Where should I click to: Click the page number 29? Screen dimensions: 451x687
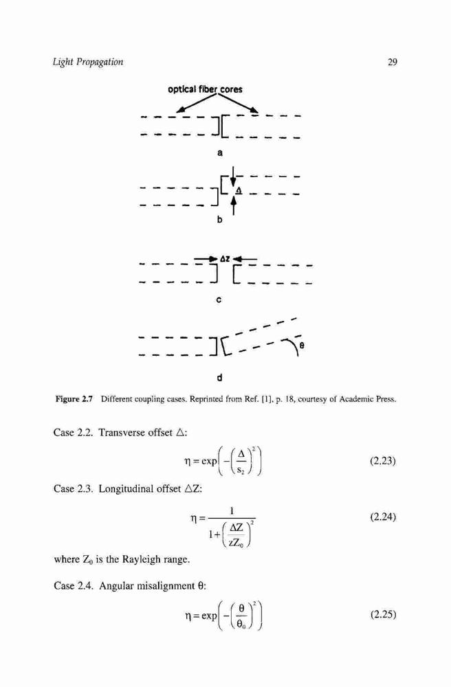[x=393, y=62]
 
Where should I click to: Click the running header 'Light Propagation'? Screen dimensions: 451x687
[x=88, y=62]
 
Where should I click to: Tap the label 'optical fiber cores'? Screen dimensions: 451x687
[x=205, y=89]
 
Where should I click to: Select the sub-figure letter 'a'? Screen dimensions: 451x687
[x=220, y=153]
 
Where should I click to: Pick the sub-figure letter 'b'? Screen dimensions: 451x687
[x=220, y=220]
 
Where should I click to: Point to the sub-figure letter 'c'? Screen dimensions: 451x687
[x=219, y=300]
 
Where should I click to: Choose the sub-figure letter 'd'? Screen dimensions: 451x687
[x=219, y=377]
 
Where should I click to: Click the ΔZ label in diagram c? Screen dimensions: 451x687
[x=225, y=259]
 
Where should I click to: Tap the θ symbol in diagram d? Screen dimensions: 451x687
[x=302, y=346]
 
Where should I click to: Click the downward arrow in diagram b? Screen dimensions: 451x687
[x=234, y=176]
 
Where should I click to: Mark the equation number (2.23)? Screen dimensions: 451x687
[x=383, y=461]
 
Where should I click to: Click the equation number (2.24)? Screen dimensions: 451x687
[x=383, y=517]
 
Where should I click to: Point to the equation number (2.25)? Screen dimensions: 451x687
[x=383, y=614]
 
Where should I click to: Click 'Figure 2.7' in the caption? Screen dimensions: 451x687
[x=74, y=399]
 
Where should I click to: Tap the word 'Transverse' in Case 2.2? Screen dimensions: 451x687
[x=122, y=433]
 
